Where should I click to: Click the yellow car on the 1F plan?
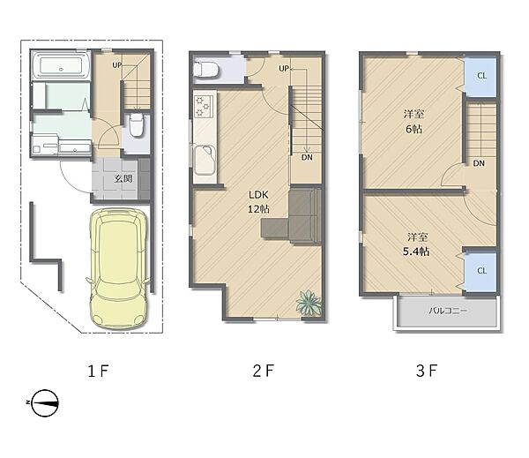pyautogui.click(x=117, y=268)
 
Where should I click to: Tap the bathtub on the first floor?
pyautogui.click(x=61, y=66)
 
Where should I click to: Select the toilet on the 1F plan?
pyautogui.click(x=137, y=124)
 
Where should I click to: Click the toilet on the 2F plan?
pyautogui.click(x=205, y=70)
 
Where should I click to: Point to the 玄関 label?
pyautogui.click(x=123, y=178)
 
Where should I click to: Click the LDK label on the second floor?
pyautogui.click(x=258, y=194)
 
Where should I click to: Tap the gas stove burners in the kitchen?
pyautogui.click(x=204, y=106)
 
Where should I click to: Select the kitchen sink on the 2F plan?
pyautogui.click(x=205, y=160)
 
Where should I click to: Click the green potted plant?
pyautogui.click(x=309, y=303)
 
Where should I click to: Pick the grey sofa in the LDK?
pyautogui.click(x=292, y=216)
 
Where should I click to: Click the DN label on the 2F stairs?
pyautogui.click(x=307, y=157)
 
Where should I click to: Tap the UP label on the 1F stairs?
pyautogui.click(x=116, y=64)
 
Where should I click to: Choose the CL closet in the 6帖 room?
pyautogui.click(x=481, y=77)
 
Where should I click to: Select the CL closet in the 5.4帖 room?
pyautogui.click(x=481, y=271)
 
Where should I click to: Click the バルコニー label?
pyautogui.click(x=448, y=311)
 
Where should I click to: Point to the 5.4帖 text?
pyautogui.click(x=416, y=252)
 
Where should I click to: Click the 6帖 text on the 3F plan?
pyautogui.click(x=414, y=129)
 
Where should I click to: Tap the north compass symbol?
pyautogui.click(x=44, y=402)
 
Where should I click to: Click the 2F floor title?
pyautogui.click(x=264, y=371)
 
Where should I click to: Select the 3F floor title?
pyautogui.click(x=427, y=371)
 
